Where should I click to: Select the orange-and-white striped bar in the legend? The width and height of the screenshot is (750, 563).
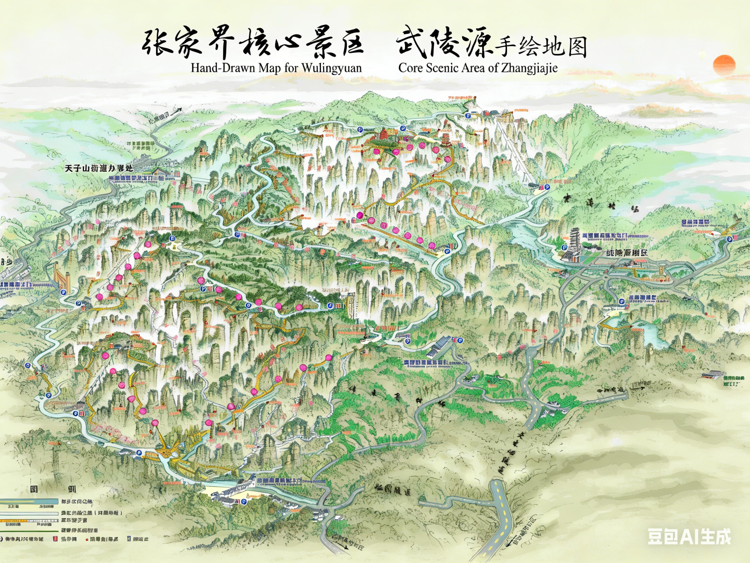pyautogui.click(x=27, y=521)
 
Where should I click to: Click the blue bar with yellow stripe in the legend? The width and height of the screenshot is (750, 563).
pyautogui.click(x=27, y=502)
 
